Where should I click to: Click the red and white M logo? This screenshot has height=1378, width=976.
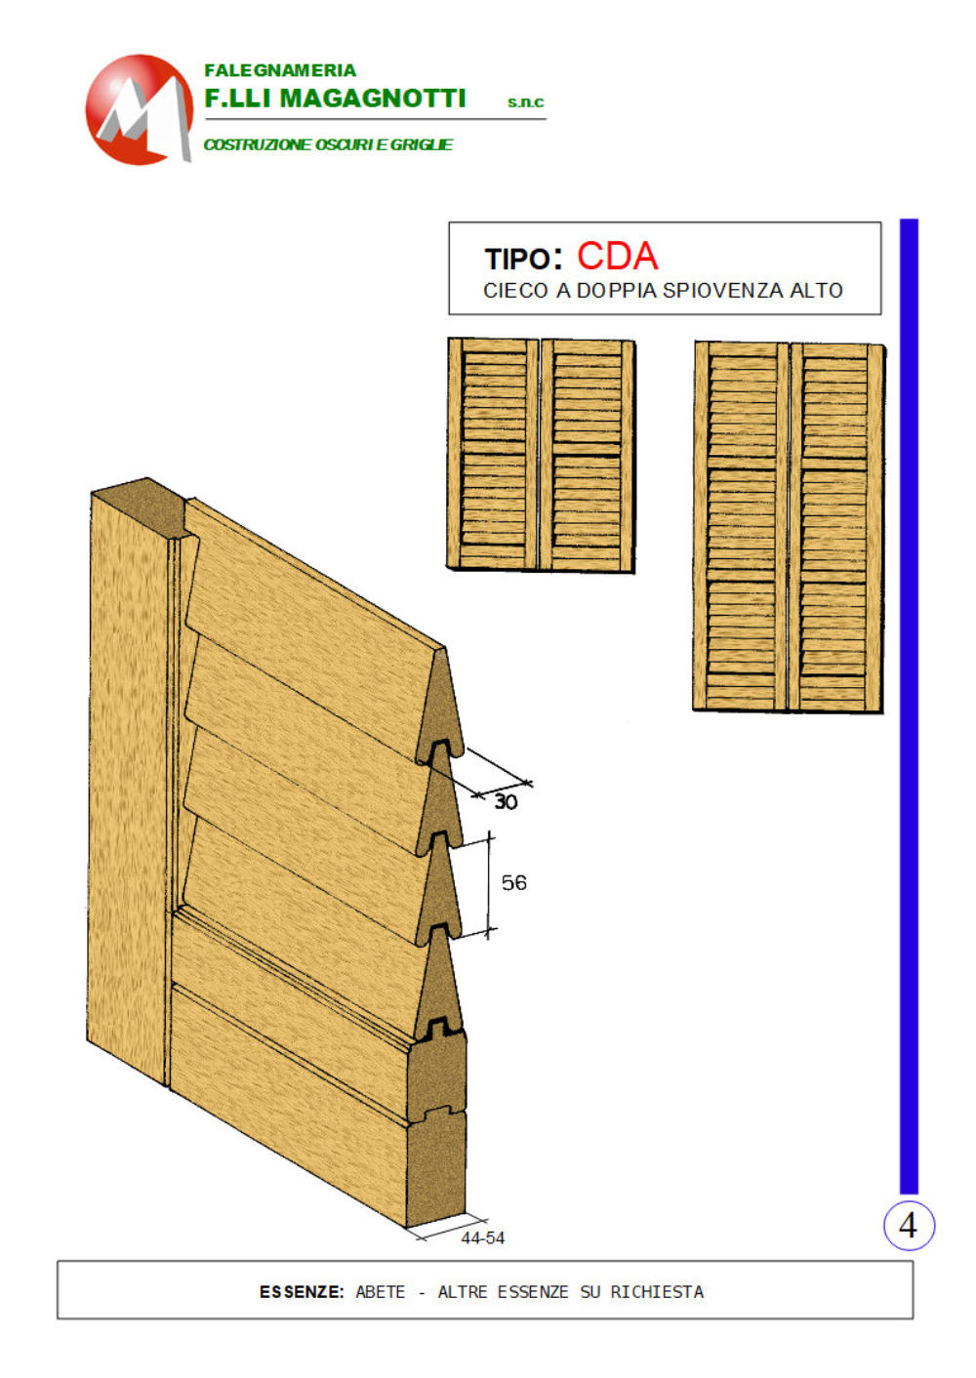pos(139,109)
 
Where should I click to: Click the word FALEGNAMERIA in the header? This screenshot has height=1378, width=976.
pos(280,70)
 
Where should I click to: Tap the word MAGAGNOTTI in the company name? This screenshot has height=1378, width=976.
pos(373,99)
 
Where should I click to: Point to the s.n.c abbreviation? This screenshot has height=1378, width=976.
pos(525,102)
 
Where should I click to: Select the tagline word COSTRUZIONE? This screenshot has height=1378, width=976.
pos(258,144)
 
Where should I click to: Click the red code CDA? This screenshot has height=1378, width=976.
pos(617,256)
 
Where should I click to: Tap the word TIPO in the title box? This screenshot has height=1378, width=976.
pos(517,259)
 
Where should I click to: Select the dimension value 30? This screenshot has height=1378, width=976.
pos(506,802)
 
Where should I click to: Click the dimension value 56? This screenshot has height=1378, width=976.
pos(513,883)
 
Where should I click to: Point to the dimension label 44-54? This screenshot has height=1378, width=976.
pos(482,1238)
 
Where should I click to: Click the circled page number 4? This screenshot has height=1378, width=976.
pos(909,1226)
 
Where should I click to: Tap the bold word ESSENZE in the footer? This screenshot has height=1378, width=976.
pos(302,1292)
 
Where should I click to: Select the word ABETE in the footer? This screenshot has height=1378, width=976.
pos(381,1292)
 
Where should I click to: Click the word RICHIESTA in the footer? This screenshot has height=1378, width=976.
pos(657,1292)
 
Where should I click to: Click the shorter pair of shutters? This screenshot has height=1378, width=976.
pos(541,455)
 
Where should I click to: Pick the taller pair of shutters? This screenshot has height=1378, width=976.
pos(789,527)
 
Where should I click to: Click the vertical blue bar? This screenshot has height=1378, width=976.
pos(909,707)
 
